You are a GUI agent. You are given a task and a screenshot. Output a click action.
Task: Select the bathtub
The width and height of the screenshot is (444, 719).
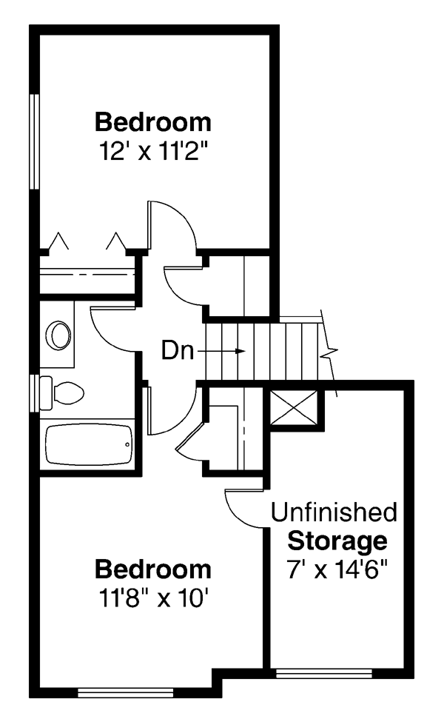[x=89, y=444]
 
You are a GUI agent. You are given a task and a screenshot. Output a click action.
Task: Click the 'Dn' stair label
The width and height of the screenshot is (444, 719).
[x=178, y=351]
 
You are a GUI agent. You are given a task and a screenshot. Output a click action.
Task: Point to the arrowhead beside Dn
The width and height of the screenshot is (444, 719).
[x=240, y=351]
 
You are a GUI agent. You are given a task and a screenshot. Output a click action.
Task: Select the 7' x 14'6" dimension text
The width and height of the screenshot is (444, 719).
[x=337, y=570]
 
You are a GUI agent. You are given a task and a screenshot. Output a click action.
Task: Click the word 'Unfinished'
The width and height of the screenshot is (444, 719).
[x=334, y=512]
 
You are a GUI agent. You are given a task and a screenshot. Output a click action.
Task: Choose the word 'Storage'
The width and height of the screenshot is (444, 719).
[x=337, y=541]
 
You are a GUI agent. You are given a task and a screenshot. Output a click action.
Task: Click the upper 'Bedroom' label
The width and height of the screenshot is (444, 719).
[x=153, y=122]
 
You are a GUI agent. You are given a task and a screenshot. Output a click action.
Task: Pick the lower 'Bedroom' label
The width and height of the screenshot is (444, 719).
[x=153, y=569]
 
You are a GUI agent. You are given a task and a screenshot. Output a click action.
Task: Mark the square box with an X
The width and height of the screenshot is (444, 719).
[x=294, y=408]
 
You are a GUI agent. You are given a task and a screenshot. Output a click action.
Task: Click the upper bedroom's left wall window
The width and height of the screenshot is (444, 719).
[x=34, y=141]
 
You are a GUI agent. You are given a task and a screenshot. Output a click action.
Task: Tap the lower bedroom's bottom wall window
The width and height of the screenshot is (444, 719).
[x=126, y=692]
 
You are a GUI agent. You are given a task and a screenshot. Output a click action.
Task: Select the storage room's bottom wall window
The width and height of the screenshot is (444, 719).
[x=323, y=673]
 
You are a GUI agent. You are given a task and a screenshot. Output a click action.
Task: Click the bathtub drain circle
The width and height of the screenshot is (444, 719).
[x=127, y=444]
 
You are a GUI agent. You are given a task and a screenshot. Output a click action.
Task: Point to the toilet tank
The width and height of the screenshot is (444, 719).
[x=46, y=393]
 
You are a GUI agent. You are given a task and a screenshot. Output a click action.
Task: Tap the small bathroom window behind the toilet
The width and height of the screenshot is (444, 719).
[x=34, y=393]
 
